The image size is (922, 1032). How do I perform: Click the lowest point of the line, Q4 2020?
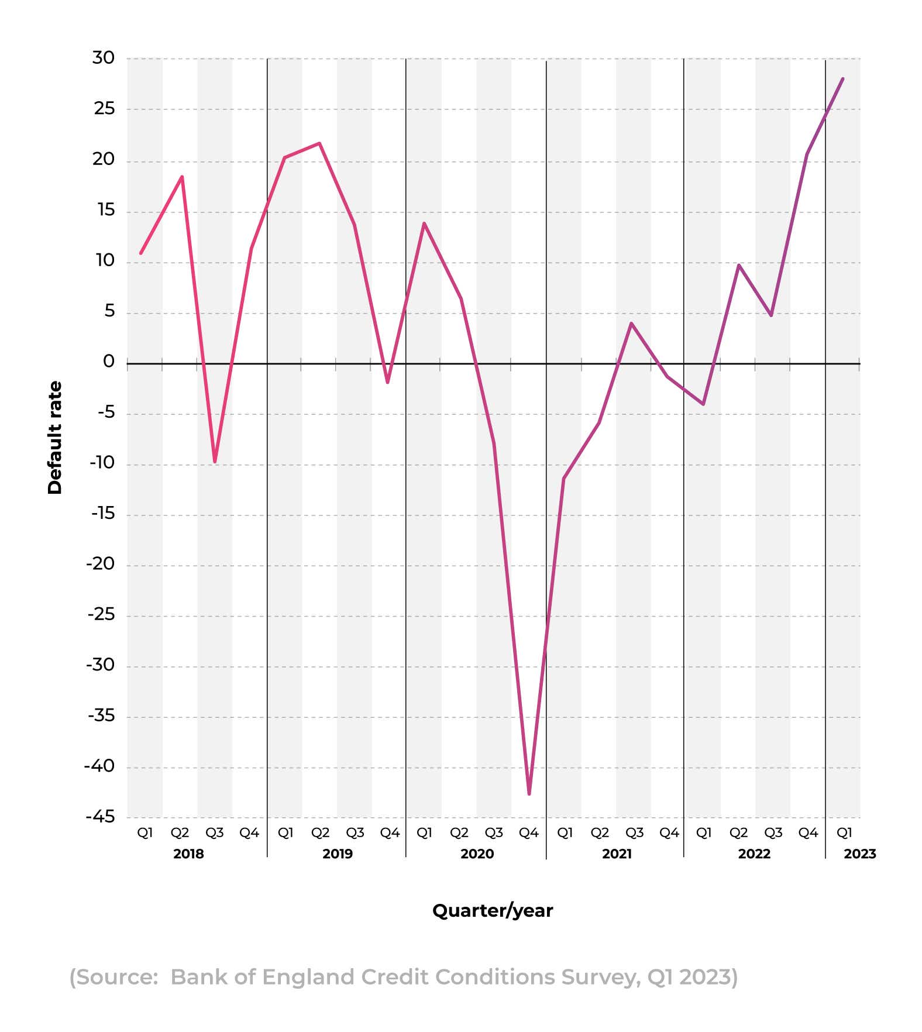[529, 793]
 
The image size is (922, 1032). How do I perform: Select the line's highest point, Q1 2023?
[842, 79]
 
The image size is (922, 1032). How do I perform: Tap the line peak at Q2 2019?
[319, 143]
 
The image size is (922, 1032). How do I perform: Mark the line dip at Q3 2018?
[215, 462]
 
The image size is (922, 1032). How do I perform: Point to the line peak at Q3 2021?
[631, 324]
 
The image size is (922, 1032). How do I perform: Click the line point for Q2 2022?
[739, 266]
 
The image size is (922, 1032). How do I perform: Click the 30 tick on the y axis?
[104, 58]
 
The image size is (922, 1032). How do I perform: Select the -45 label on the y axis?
[101, 817]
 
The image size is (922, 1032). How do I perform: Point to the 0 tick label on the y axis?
[109, 362]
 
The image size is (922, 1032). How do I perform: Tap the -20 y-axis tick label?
[101, 564]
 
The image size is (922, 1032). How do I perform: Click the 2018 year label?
[188, 854]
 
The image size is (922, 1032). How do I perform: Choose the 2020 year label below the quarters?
[477, 854]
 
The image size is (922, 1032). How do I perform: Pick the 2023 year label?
[859, 854]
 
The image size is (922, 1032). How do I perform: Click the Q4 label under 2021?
[669, 833]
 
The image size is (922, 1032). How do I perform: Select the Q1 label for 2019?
[285, 833]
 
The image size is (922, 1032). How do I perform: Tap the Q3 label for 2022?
[773, 833]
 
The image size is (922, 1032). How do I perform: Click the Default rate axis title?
[55, 438]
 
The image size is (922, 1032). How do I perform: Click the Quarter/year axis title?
[493, 910]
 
